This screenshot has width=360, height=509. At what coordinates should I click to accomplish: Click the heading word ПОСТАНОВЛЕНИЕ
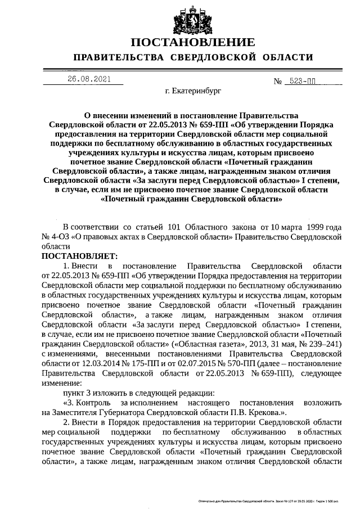coord(192,43)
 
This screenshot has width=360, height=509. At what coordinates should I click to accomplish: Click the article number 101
coord(172,227)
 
